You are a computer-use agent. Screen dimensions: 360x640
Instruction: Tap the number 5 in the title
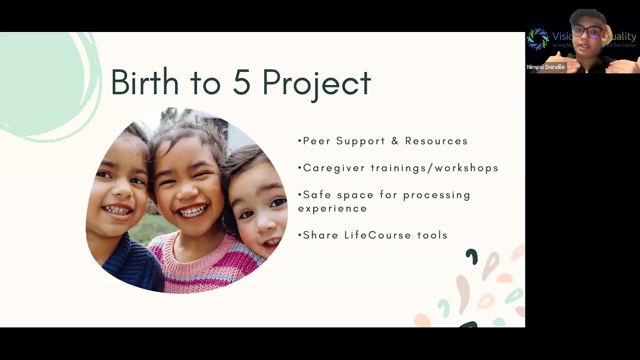(x=241, y=82)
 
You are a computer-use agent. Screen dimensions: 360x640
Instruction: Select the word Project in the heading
(x=316, y=83)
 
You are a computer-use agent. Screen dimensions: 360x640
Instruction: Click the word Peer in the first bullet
(x=316, y=141)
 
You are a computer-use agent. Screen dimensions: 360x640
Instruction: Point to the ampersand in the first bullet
(x=395, y=141)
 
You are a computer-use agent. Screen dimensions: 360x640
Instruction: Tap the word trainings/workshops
(x=434, y=168)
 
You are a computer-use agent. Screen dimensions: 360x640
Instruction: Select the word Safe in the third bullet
(x=317, y=195)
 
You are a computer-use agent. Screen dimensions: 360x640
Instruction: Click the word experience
(x=332, y=208)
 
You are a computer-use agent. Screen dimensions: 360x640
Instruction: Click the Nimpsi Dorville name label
(x=545, y=67)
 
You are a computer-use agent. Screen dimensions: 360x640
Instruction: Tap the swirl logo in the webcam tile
(x=537, y=39)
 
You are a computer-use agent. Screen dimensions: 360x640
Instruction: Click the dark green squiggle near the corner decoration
(x=471, y=256)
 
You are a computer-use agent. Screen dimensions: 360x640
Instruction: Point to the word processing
(x=436, y=195)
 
